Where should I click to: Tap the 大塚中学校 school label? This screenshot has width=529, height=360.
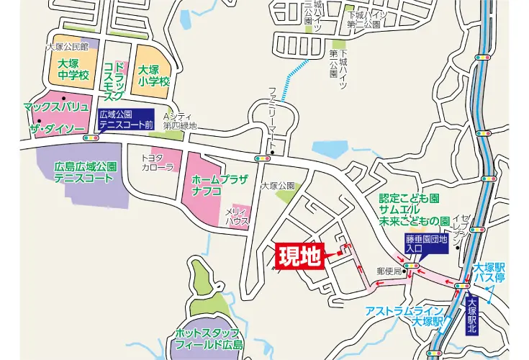pos(73,70)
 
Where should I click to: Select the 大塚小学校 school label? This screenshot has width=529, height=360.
pos(153,76)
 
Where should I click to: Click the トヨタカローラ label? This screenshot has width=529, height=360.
pos(158,162)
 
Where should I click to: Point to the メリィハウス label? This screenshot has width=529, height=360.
pos(238,216)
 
